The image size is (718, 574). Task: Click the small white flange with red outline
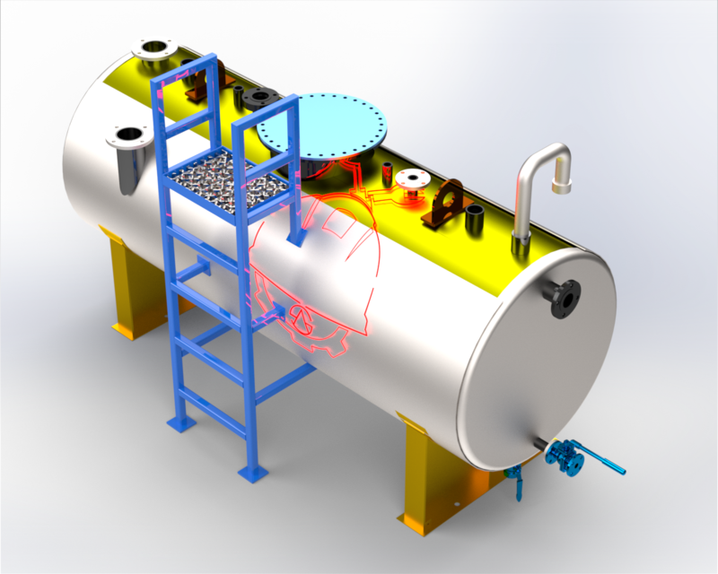411,178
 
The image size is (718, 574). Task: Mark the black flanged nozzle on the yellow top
264,97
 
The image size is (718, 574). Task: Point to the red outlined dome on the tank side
314,269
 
